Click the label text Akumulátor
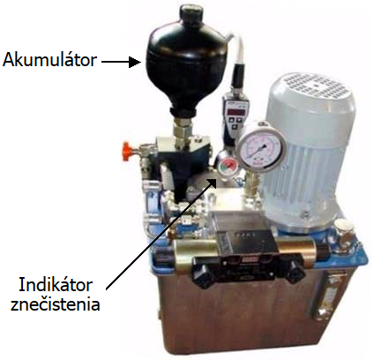pos(49,60)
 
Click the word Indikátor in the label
pos(56,285)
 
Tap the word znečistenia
pos(56,304)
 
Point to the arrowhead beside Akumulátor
pos(135,62)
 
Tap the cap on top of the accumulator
pos(191,14)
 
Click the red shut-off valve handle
pos(126,151)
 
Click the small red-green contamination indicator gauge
pos(227,166)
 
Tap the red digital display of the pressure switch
pos(237,112)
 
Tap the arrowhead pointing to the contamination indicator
pos(213,181)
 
